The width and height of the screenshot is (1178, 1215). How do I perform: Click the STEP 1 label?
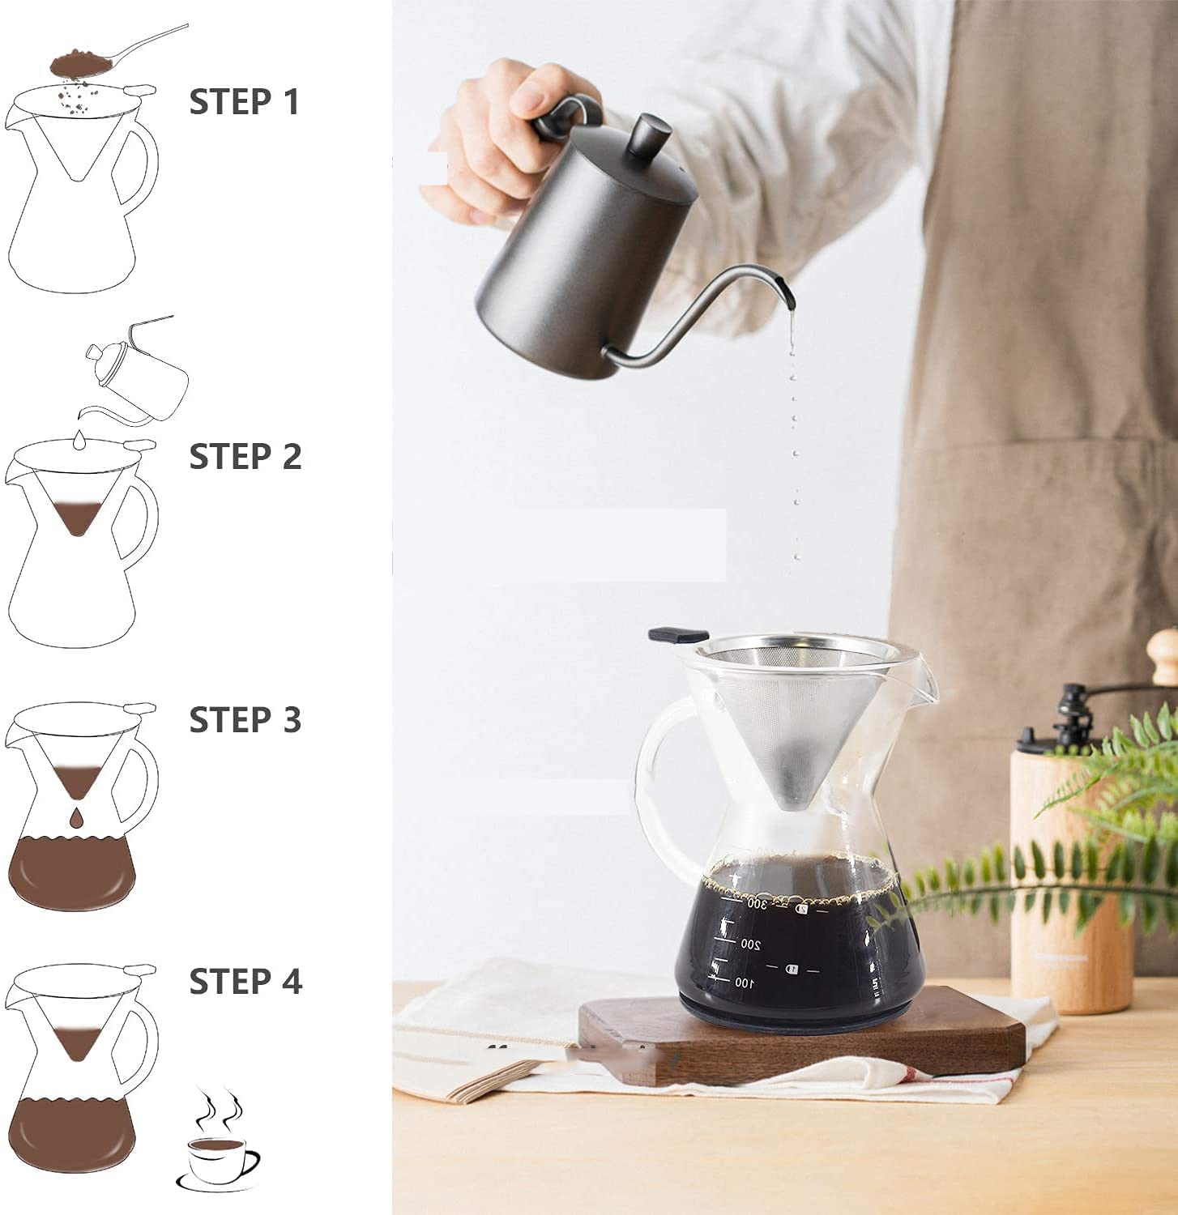click(244, 102)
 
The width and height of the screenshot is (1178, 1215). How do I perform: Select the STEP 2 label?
click(245, 457)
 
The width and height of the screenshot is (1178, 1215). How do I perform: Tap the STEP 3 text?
click(245, 720)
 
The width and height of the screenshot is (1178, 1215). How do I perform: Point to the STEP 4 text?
click(245, 982)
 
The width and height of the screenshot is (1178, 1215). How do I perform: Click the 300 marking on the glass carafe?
click(756, 902)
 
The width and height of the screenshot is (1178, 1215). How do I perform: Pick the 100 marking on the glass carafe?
click(742, 983)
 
